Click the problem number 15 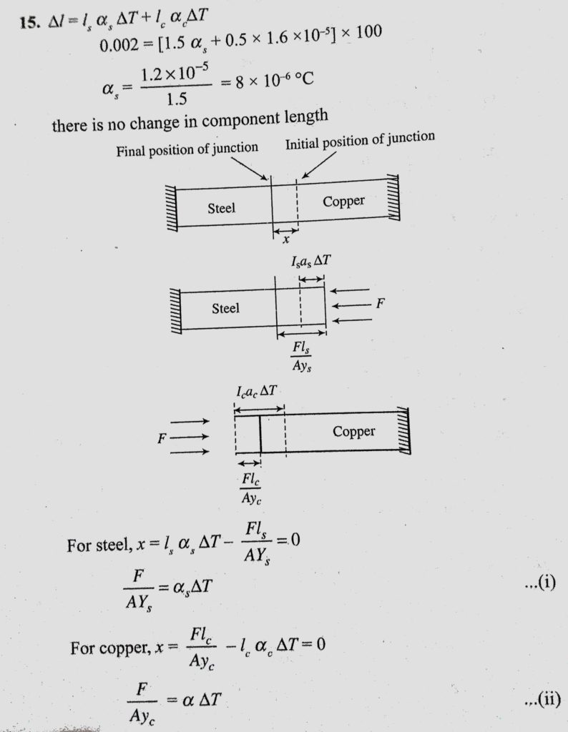pyautogui.click(x=30, y=22)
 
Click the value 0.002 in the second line pyautogui.click(x=119, y=45)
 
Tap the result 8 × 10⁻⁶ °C pyautogui.click(x=274, y=80)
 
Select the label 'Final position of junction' pyautogui.click(x=187, y=149)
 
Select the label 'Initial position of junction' pyautogui.click(x=360, y=140)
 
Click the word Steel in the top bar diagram pyautogui.click(x=222, y=208)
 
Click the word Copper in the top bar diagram pyautogui.click(x=343, y=201)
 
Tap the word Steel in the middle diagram pyautogui.click(x=225, y=308)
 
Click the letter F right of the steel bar pyautogui.click(x=381, y=303)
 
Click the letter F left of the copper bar pyautogui.click(x=162, y=438)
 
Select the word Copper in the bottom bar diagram pyautogui.click(x=353, y=431)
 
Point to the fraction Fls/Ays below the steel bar pyautogui.click(x=302, y=356)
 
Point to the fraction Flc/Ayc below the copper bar pyautogui.click(x=251, y=488)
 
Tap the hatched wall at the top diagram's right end pyautogui.click(x=393, y=197)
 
